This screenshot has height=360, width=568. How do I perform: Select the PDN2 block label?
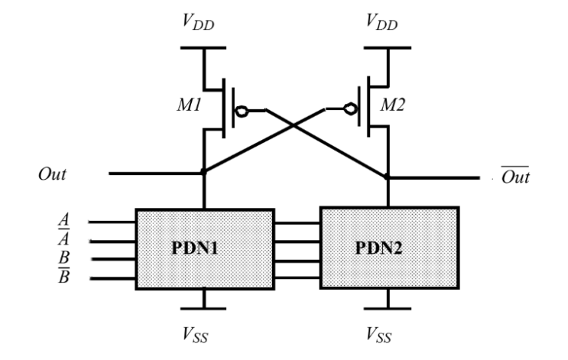(388, 249)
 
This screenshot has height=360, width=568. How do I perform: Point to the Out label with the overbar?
(514, 177)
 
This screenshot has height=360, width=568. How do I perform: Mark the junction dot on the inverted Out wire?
(388, 177)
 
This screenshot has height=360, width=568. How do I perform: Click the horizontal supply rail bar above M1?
(202, 47)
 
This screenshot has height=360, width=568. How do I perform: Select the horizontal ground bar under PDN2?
(388, 310)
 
